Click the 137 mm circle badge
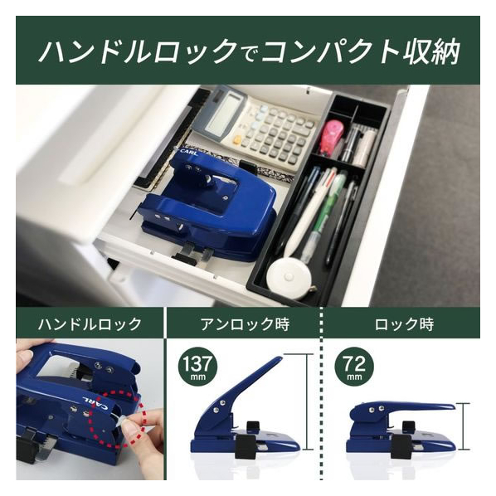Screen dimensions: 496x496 click(x=197, y=367)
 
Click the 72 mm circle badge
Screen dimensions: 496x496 click(x=354, y=367)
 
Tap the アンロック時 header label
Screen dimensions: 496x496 click(x=246, y=324)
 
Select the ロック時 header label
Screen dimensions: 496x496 click(x=404, y=324)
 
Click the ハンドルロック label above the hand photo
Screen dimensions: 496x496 click(x=90, y=324)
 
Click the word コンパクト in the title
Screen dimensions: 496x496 click(x=326, y=51)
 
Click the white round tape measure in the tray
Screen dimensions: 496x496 click(x=289, y=277)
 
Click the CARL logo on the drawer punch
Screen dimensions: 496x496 click(x=189, y=153)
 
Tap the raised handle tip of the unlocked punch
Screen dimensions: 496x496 click(x=279, y=359)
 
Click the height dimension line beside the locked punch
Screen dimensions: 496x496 click(x=464, y=426)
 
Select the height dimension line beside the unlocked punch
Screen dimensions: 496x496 click(x=307, y=401)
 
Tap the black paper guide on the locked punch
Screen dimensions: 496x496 click(x=401, y=446)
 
